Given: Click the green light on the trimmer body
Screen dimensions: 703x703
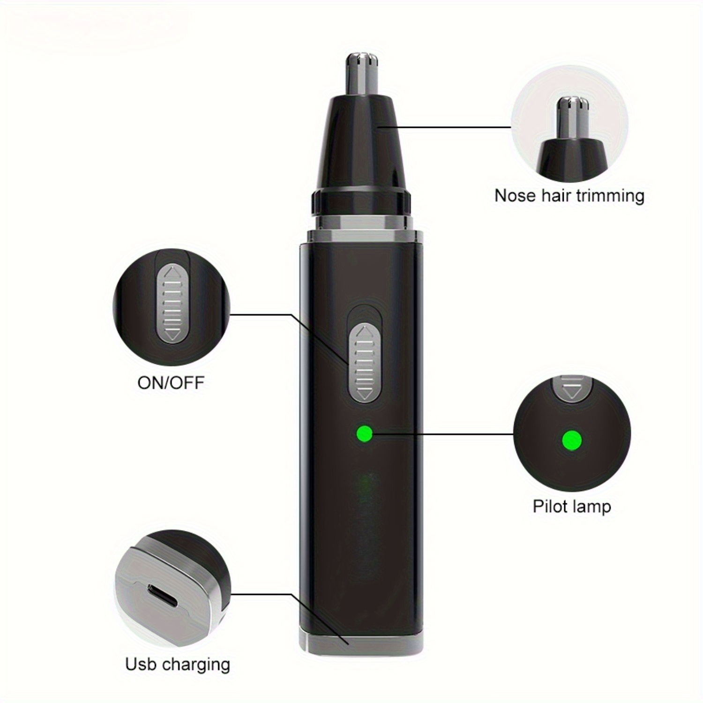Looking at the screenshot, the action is click(x=364, y=434).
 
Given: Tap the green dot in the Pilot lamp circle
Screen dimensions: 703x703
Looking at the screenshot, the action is click(x=571, y=441).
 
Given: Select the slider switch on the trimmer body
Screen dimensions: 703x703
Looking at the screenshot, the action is click(x=364, y=363).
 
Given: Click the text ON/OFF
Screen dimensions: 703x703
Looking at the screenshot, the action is click(x=171, y=383).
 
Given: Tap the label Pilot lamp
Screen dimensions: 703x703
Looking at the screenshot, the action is click(x=572, y=507).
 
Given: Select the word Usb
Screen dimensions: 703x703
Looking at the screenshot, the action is click(x=140, y=664).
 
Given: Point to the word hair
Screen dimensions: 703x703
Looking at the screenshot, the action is click(x=555, y=195).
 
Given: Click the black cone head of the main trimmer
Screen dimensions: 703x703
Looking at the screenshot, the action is click(x=362, y=145).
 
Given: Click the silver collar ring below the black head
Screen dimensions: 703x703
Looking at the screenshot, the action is click(x=362, y=220).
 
